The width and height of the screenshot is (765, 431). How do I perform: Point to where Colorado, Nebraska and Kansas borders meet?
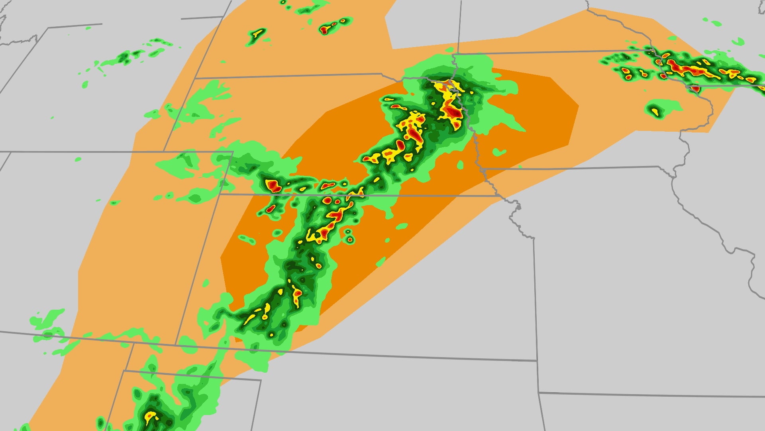tap(220, 194)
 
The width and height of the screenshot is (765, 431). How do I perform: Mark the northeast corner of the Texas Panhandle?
tap(261, 380)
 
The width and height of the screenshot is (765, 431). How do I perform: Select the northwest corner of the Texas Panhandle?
tap(124, 371)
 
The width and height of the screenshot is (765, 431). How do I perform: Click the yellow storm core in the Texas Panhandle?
tap(150, 416)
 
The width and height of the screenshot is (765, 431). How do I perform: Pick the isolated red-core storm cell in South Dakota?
tap(326, 28)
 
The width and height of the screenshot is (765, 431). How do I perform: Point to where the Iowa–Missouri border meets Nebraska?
tap(483, 170)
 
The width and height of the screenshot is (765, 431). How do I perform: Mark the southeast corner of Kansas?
tap(537, 361)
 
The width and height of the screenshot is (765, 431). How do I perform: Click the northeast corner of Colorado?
tap(232, 152)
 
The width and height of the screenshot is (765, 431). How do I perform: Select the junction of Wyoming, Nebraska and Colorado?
tap(165, 151)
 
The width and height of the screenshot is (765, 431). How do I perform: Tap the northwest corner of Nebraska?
tap(195, 78)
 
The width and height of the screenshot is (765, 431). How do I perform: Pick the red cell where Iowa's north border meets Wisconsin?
tap(694, 89)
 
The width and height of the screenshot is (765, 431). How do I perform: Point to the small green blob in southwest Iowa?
tap(499, 152)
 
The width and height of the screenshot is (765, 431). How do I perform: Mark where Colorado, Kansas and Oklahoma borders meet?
tap(176, 345)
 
